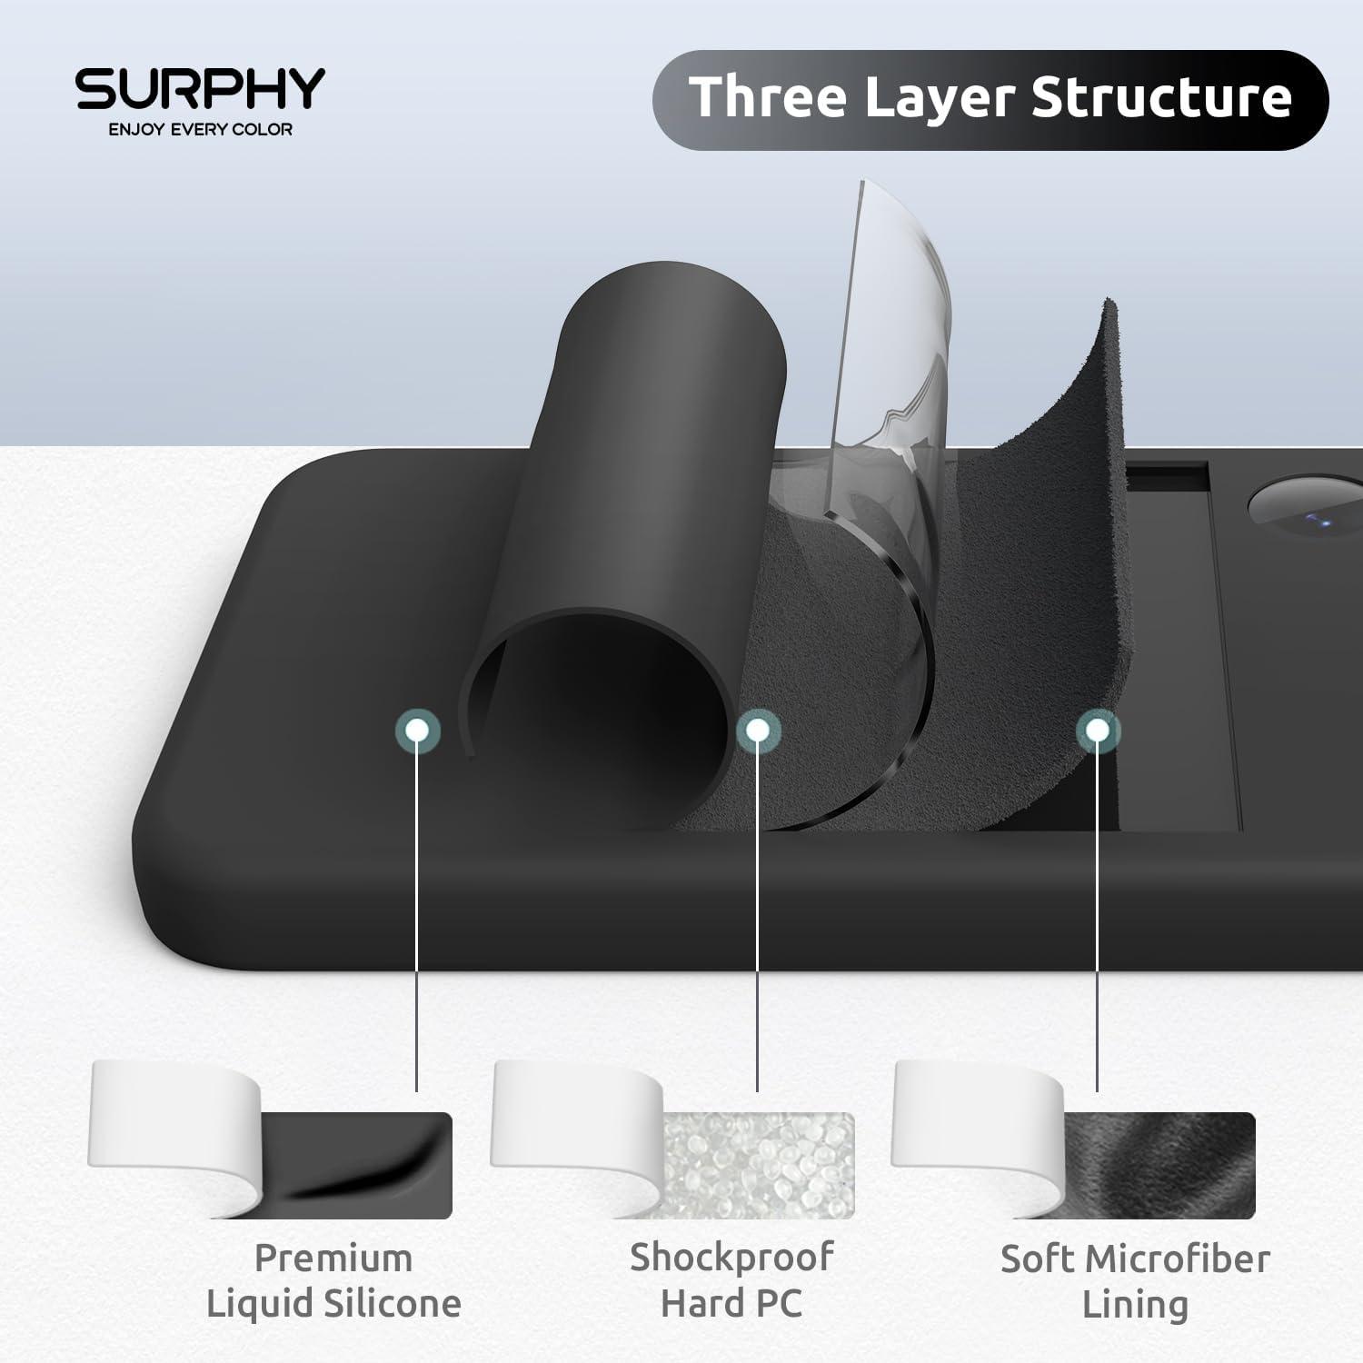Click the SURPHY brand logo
point(200,88)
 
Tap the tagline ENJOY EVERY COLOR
point(200,130)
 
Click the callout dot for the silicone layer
point(417,729)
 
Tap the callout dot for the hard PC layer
point(758,729)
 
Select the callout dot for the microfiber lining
point(1098,729)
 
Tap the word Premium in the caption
point(333,1259)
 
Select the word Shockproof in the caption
point(731,1258)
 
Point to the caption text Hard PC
point(731,1304)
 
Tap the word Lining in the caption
point(1135,1305)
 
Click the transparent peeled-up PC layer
point(895,345)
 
